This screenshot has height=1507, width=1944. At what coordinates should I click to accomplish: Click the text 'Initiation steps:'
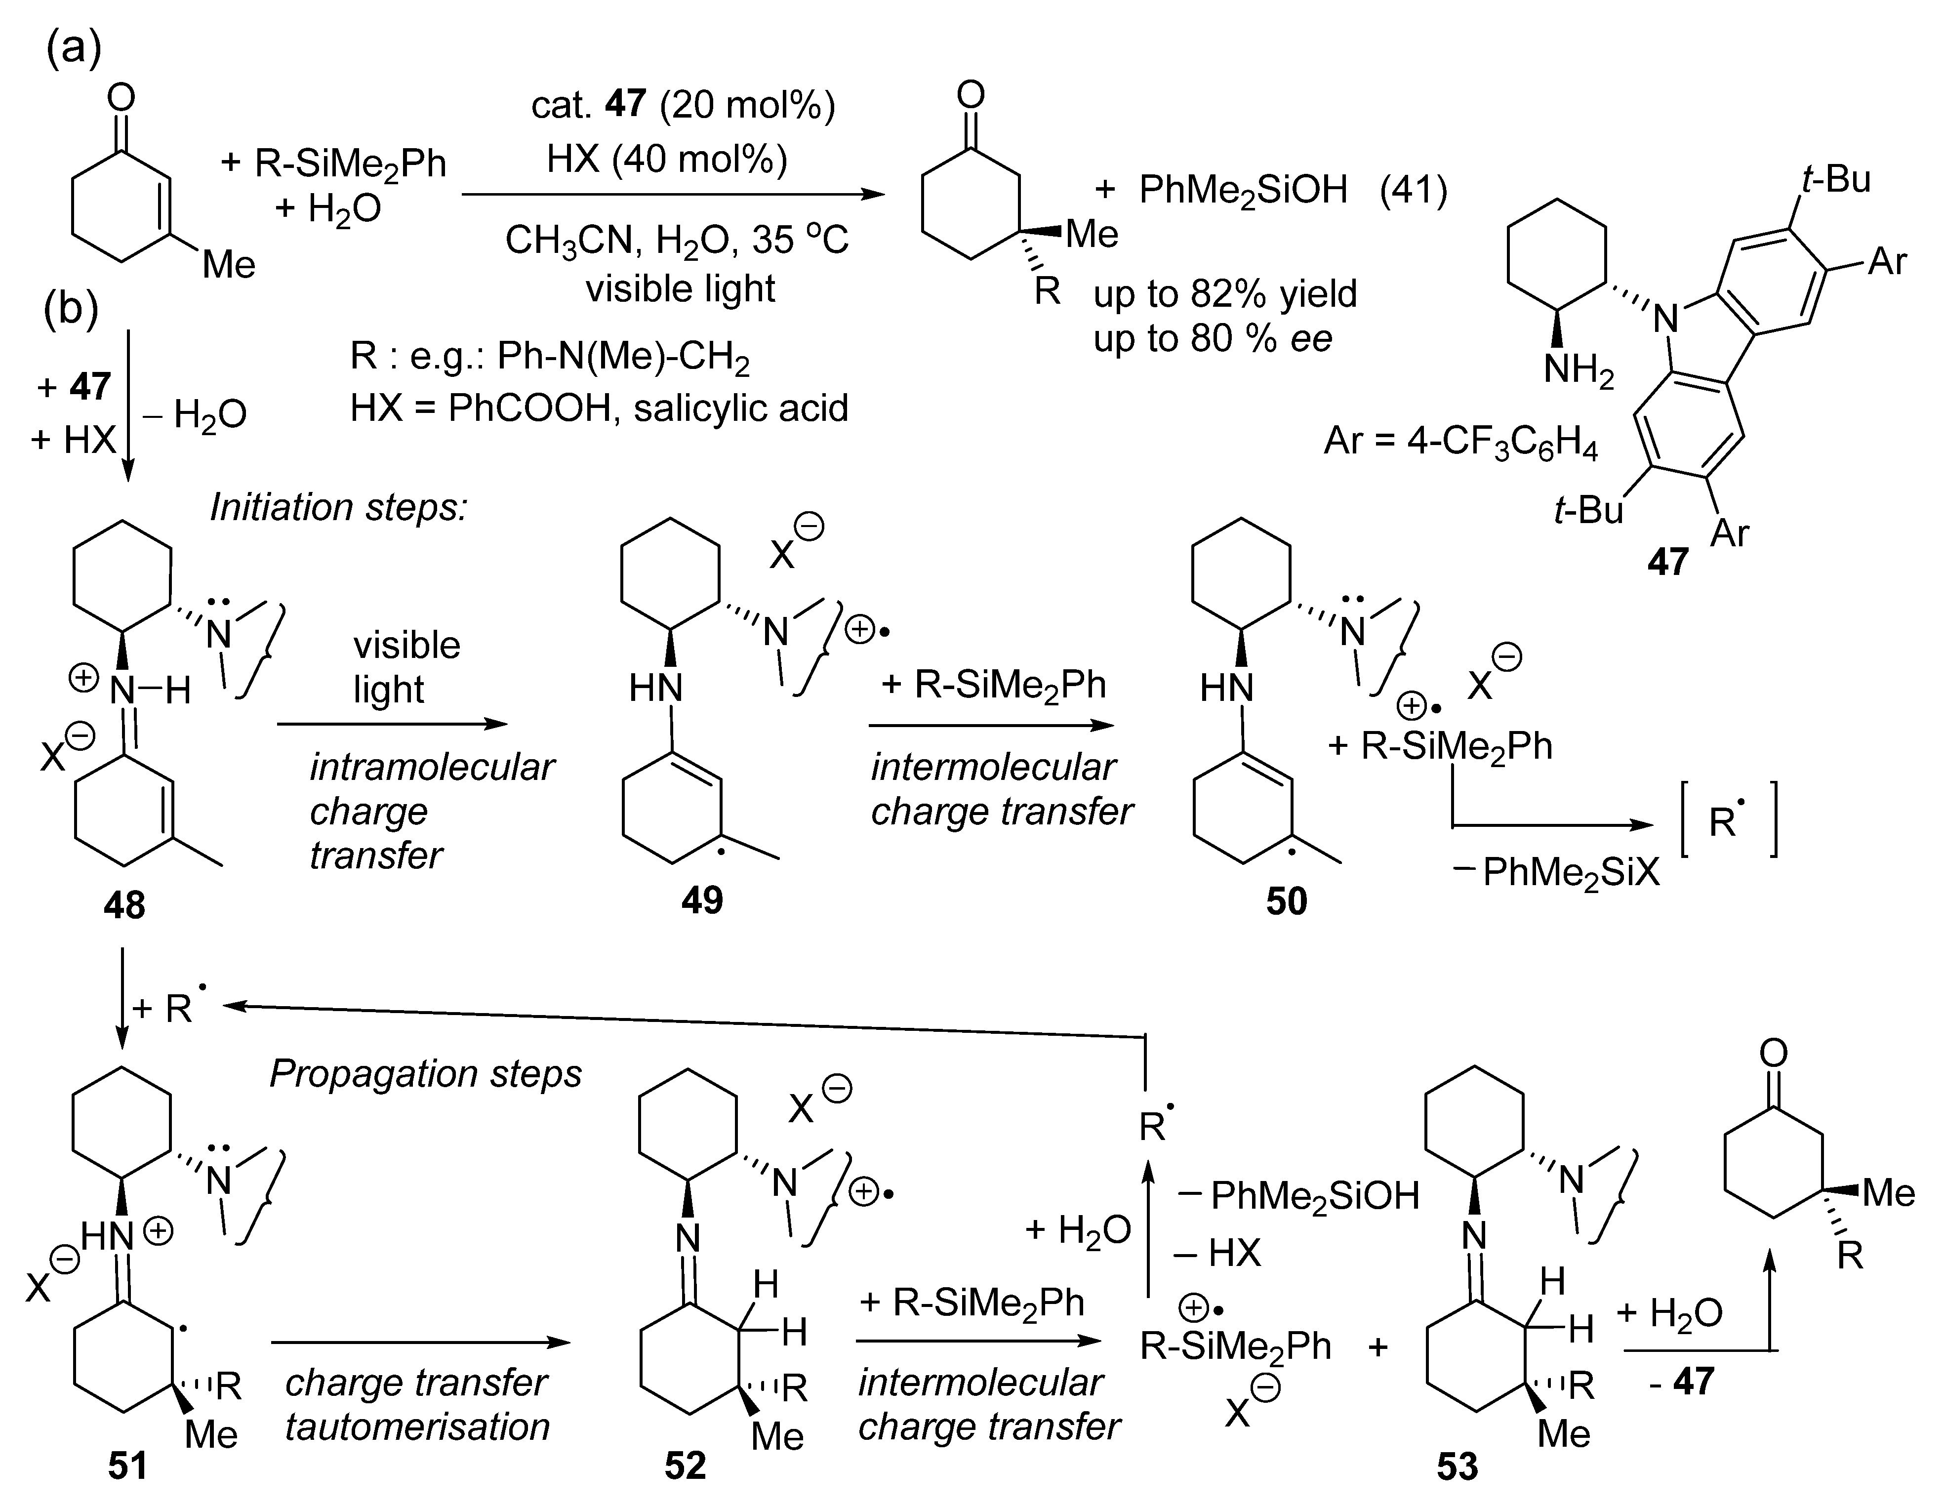338,507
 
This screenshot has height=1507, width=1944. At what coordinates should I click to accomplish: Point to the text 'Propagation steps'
425,1073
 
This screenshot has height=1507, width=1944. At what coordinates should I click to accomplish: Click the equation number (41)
1414,190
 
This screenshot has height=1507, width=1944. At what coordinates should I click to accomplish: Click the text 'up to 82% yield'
1225,294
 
